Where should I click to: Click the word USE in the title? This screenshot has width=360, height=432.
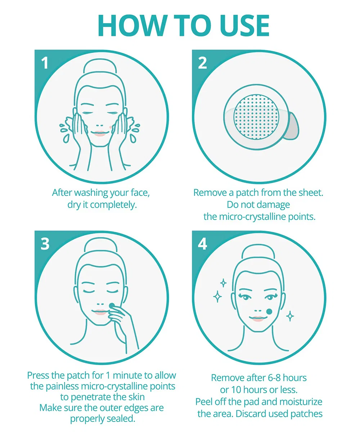(x=244, y=26)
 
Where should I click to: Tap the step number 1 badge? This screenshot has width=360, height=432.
(x=45, y=63)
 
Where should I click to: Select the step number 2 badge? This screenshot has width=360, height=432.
(x=202, y=63)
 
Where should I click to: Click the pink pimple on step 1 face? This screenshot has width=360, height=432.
(x=111, y=127)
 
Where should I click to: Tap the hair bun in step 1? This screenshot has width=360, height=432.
(x=100, y=66)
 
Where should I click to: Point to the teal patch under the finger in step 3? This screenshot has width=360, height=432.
(x=112, y=305)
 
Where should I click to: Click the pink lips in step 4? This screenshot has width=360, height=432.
(x=257, y=319)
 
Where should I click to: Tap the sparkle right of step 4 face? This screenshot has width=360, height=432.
(x=290, y=316)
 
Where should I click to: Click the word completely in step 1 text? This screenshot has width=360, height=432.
(x=113, y=205)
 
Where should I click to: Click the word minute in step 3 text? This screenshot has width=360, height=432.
(x=127, y=375)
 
